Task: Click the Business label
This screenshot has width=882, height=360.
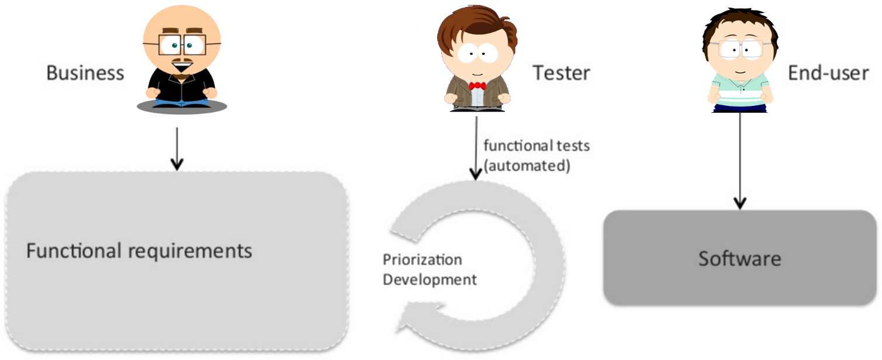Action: coord(85,73)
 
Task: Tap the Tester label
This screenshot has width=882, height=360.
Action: coord(562,73)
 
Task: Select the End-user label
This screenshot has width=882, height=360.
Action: coord(828,73)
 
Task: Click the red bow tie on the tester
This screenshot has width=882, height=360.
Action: coord(477,85)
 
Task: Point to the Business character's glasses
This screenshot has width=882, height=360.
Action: coord(182,44)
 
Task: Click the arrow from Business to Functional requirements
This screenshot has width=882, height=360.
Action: coord(177,149)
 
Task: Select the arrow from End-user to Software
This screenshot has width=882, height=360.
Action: coord(740,161)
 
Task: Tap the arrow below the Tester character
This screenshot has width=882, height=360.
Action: coord(476,148)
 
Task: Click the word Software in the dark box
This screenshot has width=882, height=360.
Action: coord(739,259)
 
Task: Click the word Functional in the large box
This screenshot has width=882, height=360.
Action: coord(74,251)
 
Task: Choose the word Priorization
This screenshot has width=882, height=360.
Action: coord(423,259)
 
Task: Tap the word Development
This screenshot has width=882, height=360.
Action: coord(430,281)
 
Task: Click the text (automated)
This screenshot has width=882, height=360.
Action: coord(527,166)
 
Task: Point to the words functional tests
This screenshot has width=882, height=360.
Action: coord(537,146)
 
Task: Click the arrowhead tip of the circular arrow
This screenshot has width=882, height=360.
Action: coord(396,330)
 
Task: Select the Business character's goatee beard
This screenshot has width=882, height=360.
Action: coord(182,75)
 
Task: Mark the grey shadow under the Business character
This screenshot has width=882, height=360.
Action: coord(182,107)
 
